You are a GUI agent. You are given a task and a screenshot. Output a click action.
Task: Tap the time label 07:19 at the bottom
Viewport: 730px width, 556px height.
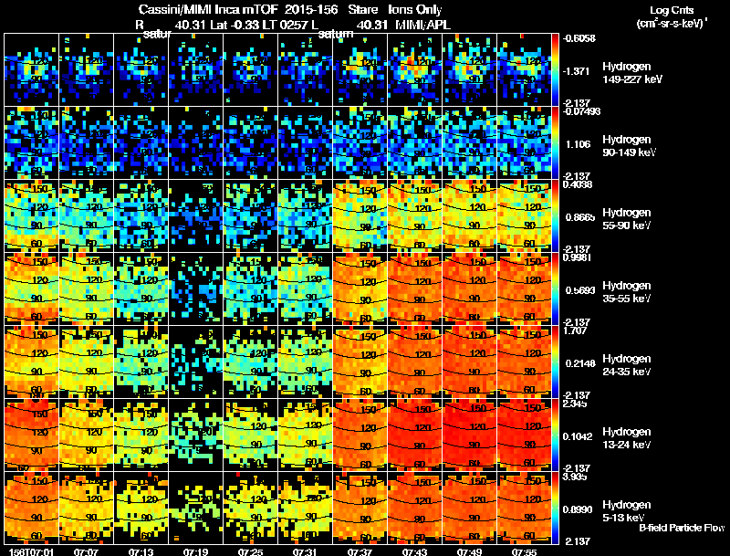point(195,551)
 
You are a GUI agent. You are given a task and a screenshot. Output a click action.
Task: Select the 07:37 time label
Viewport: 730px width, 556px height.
point(360,551)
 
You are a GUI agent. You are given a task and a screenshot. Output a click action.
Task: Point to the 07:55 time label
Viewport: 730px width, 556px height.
point(524,551)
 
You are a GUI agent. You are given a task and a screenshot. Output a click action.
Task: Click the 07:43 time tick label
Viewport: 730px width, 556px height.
point(414,551)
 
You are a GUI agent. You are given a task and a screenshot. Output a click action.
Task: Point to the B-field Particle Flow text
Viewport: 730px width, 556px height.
point(682,528)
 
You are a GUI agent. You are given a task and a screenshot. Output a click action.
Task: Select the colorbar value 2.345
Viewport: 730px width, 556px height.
point(576,404)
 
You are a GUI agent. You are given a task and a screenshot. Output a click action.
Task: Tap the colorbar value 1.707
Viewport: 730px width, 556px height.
point(576,330)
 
